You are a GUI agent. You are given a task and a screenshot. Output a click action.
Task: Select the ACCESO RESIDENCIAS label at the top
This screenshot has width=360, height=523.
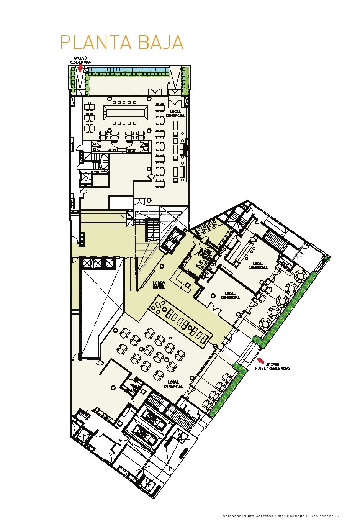point(80,60)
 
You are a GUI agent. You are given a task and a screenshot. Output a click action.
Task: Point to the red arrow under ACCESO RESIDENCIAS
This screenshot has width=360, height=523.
point(80,68)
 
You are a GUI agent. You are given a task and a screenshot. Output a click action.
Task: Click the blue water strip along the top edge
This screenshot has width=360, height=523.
point(128,70)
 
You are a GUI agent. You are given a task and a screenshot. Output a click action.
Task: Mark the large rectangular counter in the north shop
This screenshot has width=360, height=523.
point(126,113)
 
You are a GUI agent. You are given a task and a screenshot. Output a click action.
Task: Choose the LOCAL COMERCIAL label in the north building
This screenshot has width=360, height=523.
point(175,114)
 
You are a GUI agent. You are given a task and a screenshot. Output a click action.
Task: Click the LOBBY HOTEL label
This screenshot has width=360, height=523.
point(159,285)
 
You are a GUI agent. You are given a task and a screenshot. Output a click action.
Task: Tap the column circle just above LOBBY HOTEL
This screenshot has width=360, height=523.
point(162,266)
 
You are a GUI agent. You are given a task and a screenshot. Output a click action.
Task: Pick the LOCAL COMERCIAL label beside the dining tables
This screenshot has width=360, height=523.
point(173,384)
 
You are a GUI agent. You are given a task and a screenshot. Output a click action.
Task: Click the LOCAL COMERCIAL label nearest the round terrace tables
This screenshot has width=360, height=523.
point(258,266)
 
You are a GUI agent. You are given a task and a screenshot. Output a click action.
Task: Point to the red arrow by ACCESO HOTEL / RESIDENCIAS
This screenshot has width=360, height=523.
point(261,361)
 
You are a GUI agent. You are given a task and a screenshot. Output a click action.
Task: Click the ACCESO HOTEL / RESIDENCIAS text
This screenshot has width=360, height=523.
point(273,366)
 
